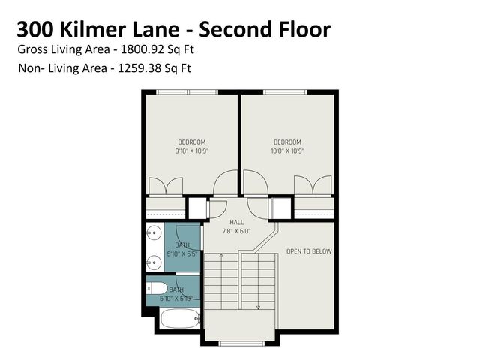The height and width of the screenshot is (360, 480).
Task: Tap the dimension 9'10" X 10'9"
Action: pyautogui.click(x=191, y=151)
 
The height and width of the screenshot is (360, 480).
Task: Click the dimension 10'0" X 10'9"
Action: pyautogui.click(x=287, y=151)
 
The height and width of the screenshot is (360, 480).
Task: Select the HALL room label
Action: pyautogui.click(x=237, y=223)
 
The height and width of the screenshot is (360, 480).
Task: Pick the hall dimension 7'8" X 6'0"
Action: pyautogui.click(x=237, y=231)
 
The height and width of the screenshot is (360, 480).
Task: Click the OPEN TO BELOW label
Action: pyautogui.click(x=309, y=251)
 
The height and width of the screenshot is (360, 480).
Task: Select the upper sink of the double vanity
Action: pyautogui.click(x=153, y=232)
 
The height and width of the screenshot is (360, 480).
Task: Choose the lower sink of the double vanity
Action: pyautogui.click(x=153, y=262)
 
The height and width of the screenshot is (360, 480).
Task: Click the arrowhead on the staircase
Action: pyautogui.click(x=258, y=306)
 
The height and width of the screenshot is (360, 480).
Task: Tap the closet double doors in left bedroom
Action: pyautogui.click(x=166, y=187)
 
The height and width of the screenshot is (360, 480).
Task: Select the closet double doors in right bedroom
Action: pyautogui.click(x=313, y=186)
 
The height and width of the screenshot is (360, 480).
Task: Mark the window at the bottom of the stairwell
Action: pyautogui.click(x=240, y=343)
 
